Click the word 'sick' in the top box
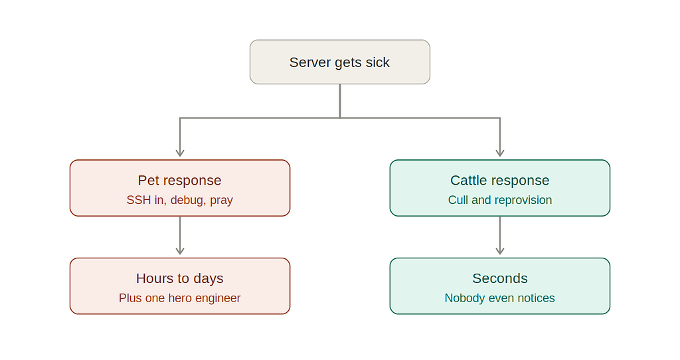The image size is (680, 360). click(377, 62)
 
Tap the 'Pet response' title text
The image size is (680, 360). click(179, 181)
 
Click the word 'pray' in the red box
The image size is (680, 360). click(222, 201)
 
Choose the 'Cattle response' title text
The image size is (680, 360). click(499, 181)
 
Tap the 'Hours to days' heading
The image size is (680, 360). click(179, 278)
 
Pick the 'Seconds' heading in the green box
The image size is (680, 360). click(500, 278)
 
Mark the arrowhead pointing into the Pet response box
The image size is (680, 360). click(180, 153)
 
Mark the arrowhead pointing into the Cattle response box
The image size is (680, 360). click(500, 153)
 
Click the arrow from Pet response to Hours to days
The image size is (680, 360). click(180, 236)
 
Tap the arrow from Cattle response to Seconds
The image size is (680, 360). click(500, 236)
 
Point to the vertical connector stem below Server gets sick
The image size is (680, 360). click(340, 100)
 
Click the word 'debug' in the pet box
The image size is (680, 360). click(187, 201)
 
